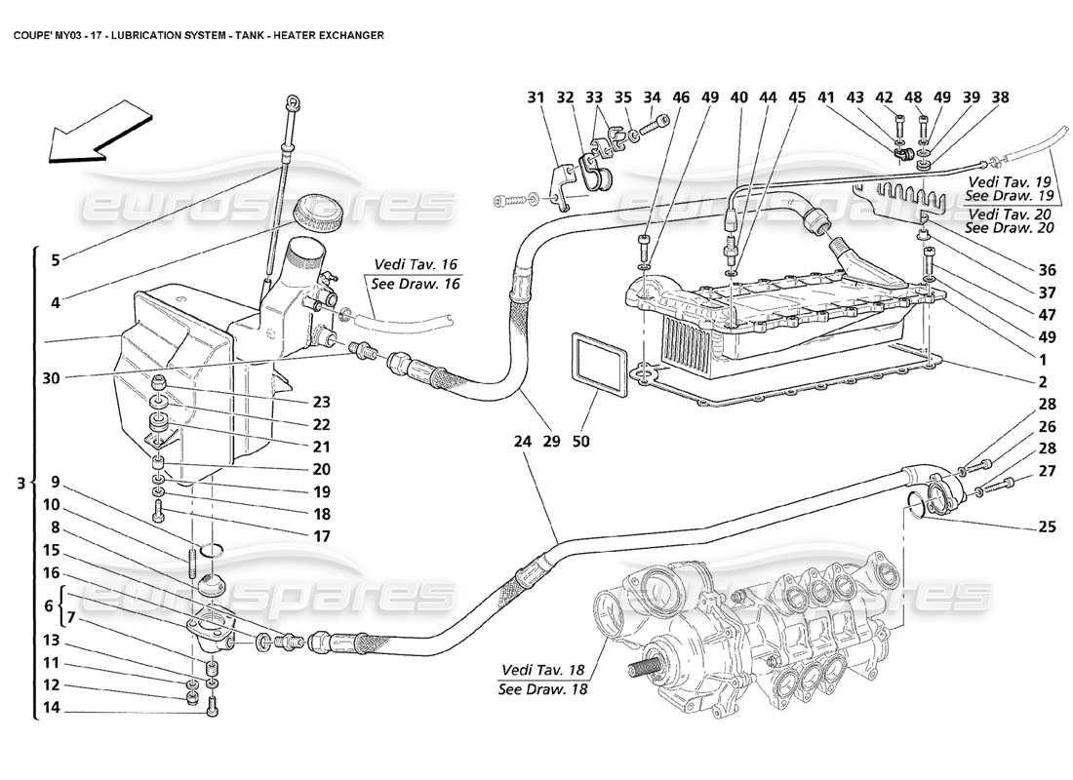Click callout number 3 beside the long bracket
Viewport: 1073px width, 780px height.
(20, 482)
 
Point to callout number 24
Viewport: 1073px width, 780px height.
(523, 442)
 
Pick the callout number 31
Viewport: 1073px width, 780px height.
(536, 97)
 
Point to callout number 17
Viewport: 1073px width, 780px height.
(321, 536)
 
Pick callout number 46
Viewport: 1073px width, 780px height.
(681, 97)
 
